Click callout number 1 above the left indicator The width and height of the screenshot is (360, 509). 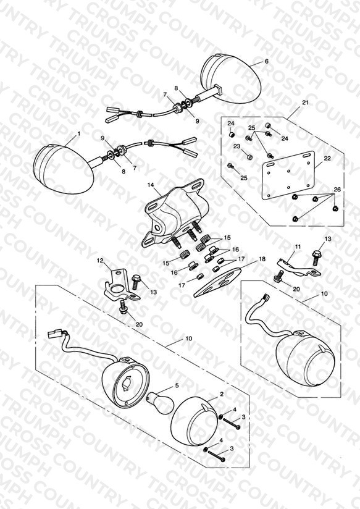pyautogui.click(x=78, y=133)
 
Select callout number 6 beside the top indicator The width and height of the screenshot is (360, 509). pyautogui.click(x=267, y=61)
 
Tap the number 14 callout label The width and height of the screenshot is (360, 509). pyautogui.click(x=150, y=185)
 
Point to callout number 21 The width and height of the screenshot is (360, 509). pyautogui.click(x=305, y=103)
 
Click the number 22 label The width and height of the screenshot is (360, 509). pyautogui.click(x=327, y=158)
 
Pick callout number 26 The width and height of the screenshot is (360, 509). pyautogui.click(x=337, y=190)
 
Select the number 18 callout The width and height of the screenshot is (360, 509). pyautogui.click(x=262, y=259)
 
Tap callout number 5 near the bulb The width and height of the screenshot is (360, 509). pyautogui.click(x=177, y=385)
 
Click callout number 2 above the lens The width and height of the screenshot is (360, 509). pyautogui.click(x=222, y=394)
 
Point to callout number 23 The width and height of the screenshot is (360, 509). pyautogui.click(x=237, y=146)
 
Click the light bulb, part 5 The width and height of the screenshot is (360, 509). pyautogui.click(x=160, y=403)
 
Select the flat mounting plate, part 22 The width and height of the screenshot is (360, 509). pyautogui.click(x=288, y=175)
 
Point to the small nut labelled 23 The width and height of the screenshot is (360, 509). pyautogui.click(x=249, y=157)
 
